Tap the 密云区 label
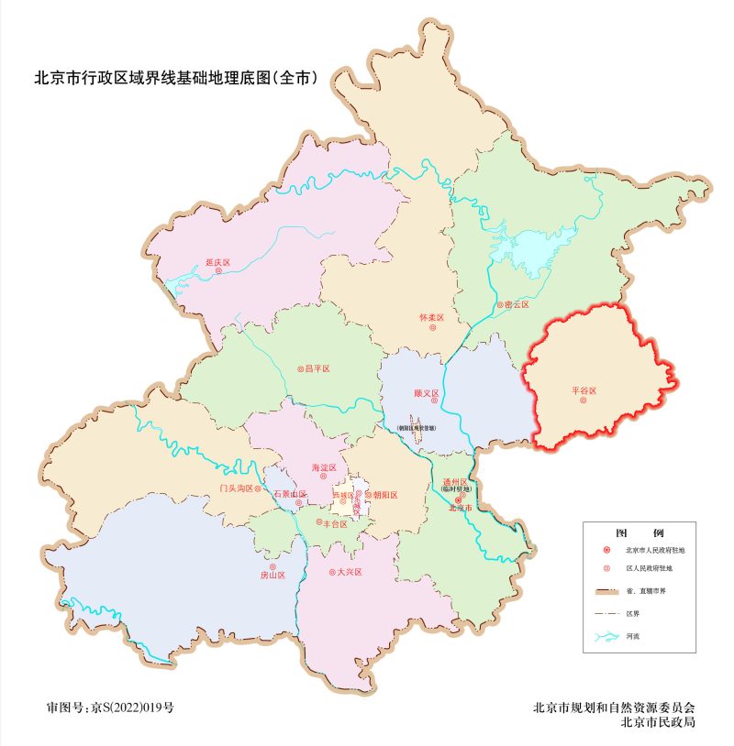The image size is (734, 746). tap(517, 304)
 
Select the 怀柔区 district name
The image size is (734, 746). tap(431, 318)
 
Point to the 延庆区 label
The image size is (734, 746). tap(217, 263)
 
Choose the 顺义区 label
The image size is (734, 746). tap(427, 394)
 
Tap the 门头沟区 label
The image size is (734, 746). tap(236, 488)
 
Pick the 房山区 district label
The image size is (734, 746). tap(272, 576)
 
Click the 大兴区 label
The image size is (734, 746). tap(350, 572)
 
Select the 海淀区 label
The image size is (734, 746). tap(324, 468)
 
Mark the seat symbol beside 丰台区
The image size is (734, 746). tap(319, 522)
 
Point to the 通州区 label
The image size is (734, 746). tap(456, 481)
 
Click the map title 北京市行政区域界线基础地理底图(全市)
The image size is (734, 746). tap(175, 78)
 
